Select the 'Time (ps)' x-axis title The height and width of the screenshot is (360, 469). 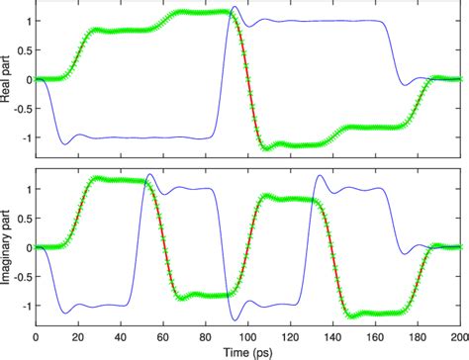click(x=247, y=352)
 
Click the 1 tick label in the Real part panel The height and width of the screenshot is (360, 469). click(x=30, y=21)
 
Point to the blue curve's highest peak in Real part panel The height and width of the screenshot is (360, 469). click(x=234, y=8)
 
